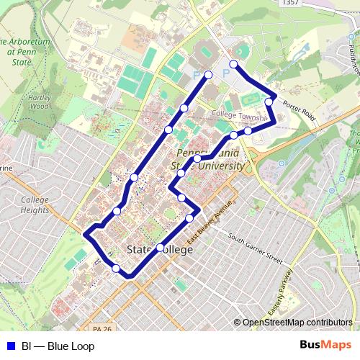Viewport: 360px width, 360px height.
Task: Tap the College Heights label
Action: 34,205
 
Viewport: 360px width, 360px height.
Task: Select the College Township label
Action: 240,114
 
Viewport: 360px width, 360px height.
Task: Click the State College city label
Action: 159,250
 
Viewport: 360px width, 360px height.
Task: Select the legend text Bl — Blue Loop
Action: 58,346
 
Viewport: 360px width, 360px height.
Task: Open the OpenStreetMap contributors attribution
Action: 297,323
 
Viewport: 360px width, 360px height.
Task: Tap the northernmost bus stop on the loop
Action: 233,64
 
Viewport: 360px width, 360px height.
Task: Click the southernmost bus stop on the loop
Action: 116,269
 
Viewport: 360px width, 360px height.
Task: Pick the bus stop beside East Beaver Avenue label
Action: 190,217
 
